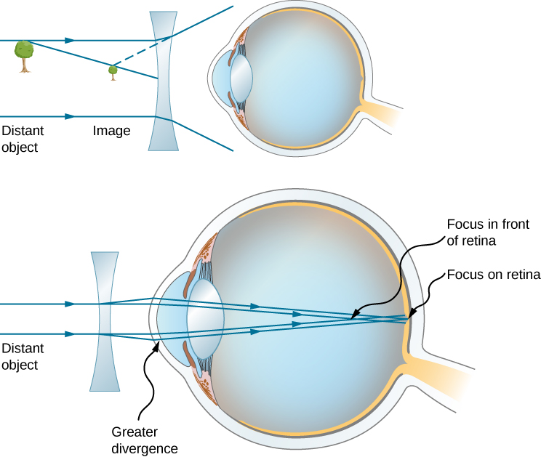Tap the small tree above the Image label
coord(113,72)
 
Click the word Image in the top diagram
coord(111,132)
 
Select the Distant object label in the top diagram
coord(22,139)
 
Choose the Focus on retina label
coord(494,275)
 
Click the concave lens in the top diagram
coord(164,80)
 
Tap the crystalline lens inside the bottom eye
coord(204,318)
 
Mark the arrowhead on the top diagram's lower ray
coord(71,116)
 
